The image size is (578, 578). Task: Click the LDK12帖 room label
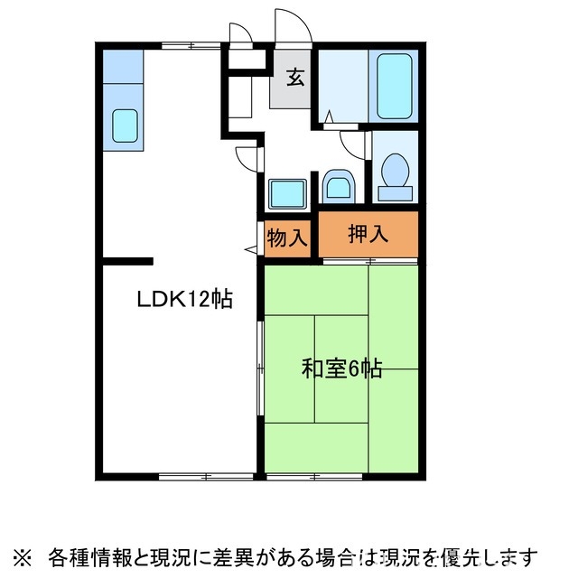tap(185, 299)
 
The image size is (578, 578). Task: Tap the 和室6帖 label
tap(341, 368)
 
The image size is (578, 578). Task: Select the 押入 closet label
tap(368, 233)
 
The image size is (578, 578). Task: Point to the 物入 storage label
tap(288, 238)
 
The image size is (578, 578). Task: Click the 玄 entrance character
tap(295, 77)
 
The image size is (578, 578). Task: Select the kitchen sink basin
tap(126, 126)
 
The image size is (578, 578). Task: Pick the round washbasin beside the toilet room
tap(339, 188)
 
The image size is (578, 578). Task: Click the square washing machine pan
tap(287, 193)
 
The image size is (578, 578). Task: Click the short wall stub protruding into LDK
tap(127, 262)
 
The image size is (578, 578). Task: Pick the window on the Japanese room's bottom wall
tap(317, 475)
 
